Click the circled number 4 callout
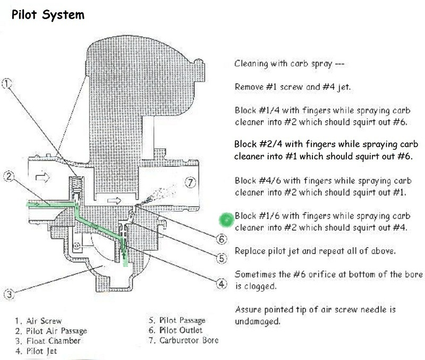[223, 283]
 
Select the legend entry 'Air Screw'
[40, 321]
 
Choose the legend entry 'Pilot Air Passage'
[51, 331]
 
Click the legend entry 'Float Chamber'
[48, 341]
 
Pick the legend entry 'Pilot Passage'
[177, 321]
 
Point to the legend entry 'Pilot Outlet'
[175, 331]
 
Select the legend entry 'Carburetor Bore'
[183, 341]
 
